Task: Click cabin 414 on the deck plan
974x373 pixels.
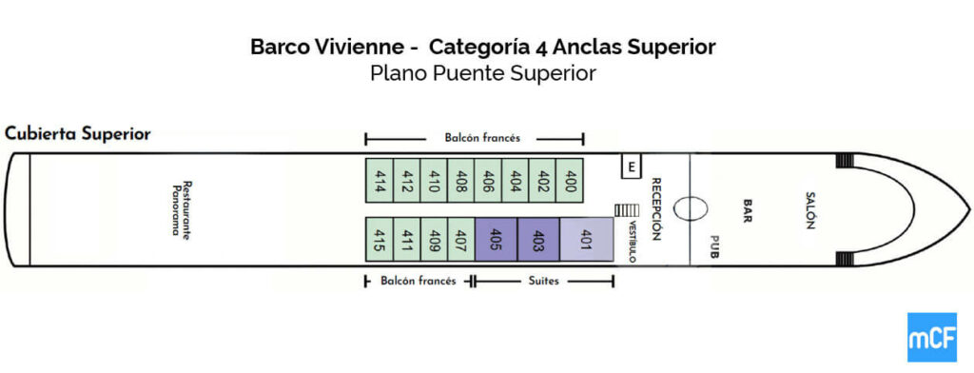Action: [380, 178]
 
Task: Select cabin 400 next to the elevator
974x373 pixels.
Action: [571, 178]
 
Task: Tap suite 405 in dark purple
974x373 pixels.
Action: [496, 238]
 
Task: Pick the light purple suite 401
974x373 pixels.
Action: [586, 238]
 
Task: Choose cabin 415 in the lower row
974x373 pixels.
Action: [380, 238]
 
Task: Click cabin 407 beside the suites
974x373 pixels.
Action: [460, 238]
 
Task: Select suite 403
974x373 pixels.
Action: [537, 238]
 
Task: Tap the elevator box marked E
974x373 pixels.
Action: [630, 167]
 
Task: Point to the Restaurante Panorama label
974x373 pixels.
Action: [182, 208]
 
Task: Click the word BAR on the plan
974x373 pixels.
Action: [748, 208]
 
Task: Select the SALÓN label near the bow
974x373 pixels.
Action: [810, 209]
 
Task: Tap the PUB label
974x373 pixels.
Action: [714, 247]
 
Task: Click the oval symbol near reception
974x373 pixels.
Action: [690, 207]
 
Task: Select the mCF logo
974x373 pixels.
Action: [931, 337]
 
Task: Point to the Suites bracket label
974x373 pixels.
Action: [543, 281]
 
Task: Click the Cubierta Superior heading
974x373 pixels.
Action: [78, 133]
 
